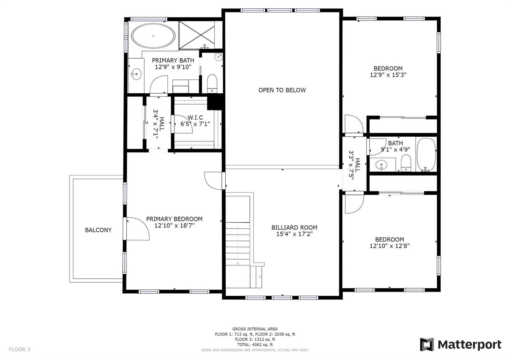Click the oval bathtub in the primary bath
(x=153, y=36)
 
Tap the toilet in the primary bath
(x=212, y=83)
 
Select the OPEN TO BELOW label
(x=282, y=90)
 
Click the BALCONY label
(x=98, y=230)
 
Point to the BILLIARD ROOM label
(x=294, y=227)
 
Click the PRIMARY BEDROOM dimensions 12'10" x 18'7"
(x=174, y=226)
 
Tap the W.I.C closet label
(x=195, y=118)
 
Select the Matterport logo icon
(x=427, y=344)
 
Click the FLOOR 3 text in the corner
(x=19, y=349)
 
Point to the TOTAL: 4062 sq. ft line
(x=255, y=345)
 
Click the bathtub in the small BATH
(x=426, y=154)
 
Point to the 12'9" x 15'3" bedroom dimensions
(x=388, y=75)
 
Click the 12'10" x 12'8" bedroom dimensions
(x=390, y=246)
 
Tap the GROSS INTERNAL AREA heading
(x=255, y=329)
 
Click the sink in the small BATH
(x=381, y=164)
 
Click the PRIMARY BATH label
(x=173, y=60)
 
